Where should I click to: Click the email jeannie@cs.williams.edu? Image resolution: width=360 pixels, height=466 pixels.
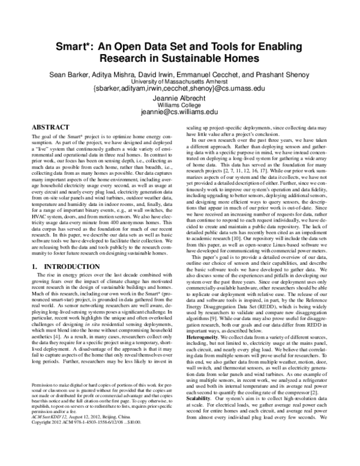(x=180, y=112)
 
